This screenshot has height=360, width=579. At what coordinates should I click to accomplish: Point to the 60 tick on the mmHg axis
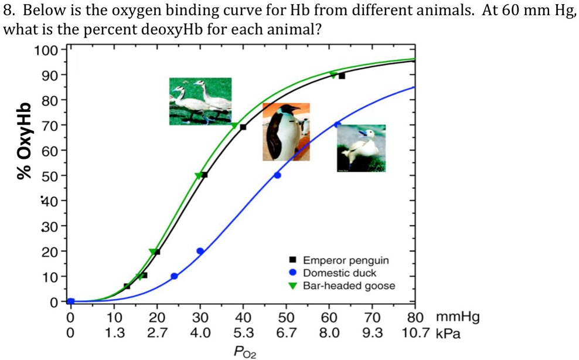(329, 318)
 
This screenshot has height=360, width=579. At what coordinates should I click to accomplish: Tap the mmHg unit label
(457, 318)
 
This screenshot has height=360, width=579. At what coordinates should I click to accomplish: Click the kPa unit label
(449, 334)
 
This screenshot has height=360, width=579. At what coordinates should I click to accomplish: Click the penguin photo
(286, 132)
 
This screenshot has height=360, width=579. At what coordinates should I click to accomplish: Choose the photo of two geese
(200, 101)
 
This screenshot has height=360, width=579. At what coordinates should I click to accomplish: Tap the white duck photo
(361, 148)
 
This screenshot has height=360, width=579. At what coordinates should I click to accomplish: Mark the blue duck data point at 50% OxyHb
(277, 175)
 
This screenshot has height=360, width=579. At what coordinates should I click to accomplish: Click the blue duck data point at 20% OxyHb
(200, 251)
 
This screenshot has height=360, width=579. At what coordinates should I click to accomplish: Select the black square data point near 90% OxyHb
(342, 76)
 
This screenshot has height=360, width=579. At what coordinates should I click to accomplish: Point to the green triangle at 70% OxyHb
(234, 125)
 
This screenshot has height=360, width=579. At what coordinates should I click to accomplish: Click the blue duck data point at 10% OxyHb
(174, 276)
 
